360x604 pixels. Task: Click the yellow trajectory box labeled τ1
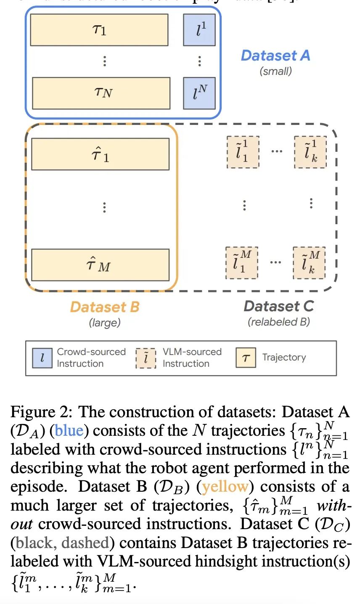tap(99, 30)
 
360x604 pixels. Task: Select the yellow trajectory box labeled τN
tap(101, 93)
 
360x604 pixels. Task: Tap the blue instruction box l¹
tap(199, 30)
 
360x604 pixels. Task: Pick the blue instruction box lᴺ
tap(199, 93)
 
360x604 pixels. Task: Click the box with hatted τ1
tap(100, 154)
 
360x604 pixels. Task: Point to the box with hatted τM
tap(100, 265)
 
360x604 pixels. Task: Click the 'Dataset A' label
tap(275, 56)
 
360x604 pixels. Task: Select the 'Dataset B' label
tap(104, 307)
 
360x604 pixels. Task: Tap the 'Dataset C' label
tap(278, 306)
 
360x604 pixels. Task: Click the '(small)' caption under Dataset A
tap(275, 71)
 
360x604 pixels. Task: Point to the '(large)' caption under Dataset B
tap(104, 323)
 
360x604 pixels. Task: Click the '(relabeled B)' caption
tap(278, 322)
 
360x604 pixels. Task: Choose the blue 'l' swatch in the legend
tap(42, 358)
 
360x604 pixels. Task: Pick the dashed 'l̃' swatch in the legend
tap(146, 358)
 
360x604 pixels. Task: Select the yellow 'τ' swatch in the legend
tap(246, 358)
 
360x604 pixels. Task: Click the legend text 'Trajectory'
tap(284, 358)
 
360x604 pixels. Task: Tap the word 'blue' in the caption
tap(69, 431)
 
